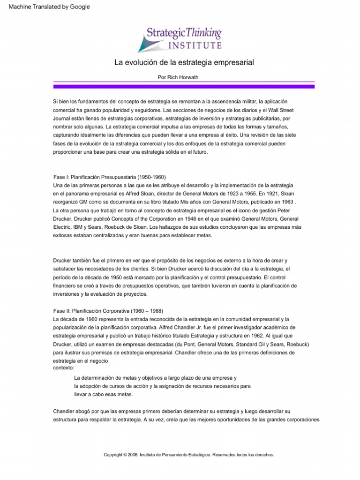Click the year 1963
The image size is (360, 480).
tap(288, 202)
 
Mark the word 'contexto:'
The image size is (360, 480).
tap(64, 367)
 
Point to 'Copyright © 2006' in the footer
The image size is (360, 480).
tap(121, 455)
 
